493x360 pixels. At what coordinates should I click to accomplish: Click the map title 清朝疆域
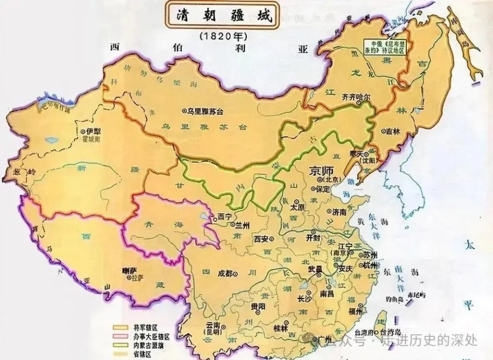(222, 15)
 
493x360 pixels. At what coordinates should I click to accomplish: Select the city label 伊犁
(92, 131)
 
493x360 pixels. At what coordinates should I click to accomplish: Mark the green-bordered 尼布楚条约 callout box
(385, 47)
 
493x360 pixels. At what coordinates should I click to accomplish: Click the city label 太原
(297, 207)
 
